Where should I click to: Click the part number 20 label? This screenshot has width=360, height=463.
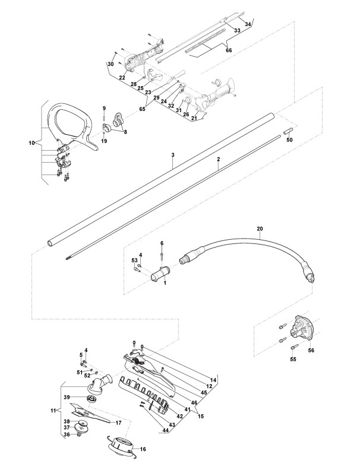[x=259, y=228]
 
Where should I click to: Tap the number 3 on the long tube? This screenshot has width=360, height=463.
[x=173, y=154]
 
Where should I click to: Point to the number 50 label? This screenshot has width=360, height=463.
[x=290, y=140]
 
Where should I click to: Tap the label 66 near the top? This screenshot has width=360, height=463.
[x=229, y=50]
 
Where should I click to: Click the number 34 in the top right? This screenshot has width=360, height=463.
[x=248, y=24]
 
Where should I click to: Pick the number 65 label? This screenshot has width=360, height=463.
[x=142, y=109]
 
